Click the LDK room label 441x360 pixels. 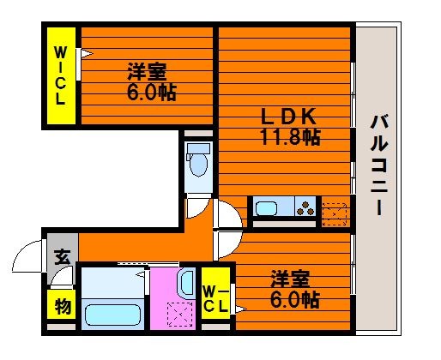288,116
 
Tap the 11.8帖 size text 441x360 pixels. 290,137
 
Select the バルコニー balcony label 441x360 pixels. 379,165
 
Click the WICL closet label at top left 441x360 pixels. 60,75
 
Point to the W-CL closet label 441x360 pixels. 216,299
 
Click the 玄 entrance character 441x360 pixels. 62,257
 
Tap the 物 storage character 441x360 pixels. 63,306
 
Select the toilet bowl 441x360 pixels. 198,161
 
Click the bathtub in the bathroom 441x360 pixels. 112,315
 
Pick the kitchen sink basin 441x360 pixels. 266,208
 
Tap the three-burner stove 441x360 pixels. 305,208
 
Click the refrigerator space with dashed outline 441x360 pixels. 335,213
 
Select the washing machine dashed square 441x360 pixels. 179,314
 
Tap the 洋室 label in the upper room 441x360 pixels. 147,72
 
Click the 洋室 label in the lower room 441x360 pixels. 290,279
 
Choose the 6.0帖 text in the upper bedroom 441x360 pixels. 151,93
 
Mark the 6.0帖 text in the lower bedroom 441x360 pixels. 294,299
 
